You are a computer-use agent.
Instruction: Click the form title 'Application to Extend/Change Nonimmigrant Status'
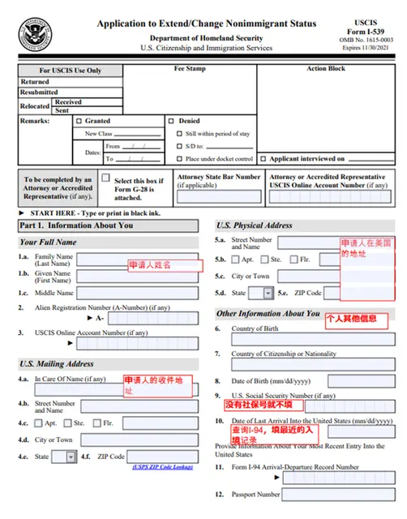click(207, 24)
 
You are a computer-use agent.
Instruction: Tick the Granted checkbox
click(79, 121)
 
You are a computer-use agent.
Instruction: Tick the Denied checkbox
click(172, 121)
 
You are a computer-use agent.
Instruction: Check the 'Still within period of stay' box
click(180, 133)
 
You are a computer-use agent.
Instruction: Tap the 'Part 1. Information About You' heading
click(76, 225)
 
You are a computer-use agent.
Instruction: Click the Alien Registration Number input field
click(153, 319)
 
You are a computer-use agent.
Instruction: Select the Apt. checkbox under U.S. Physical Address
click(235, 259)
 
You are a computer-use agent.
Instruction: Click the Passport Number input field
click(341, 494)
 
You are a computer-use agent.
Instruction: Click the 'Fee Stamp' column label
click(190, 69)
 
